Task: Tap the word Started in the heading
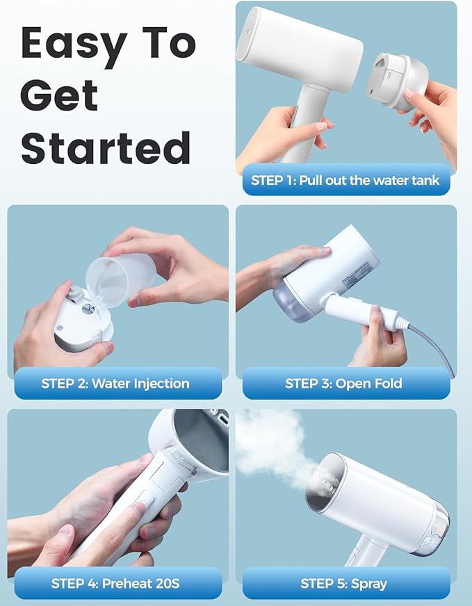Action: coord(106,147)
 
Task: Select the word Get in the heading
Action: coord(59,95)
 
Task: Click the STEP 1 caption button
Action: coord(346,180)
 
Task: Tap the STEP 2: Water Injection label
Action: coord(115,384)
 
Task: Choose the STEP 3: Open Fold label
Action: coord(343,384)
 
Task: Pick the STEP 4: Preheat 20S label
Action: coord(115,583)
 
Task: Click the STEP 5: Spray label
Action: coord(343,583)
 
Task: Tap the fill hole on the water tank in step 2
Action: coord(88,309)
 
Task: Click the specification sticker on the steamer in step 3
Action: coord(355,276)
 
